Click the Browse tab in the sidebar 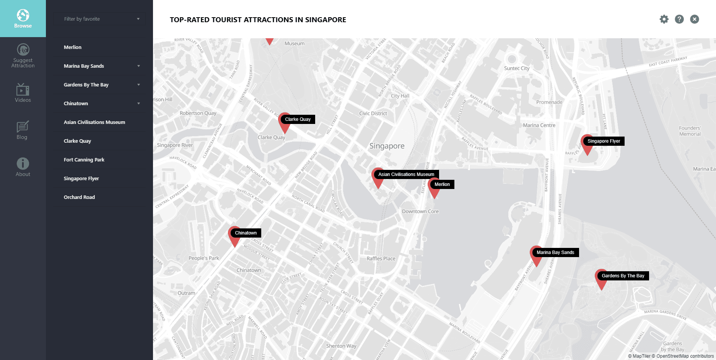tap(23, 19)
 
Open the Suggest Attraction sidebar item tap(23, 56)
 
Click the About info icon tap(23, 164)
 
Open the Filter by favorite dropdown tap(99, 19)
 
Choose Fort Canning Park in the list tap(84, 160)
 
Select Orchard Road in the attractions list tap(79, 197)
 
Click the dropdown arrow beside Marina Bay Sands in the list tap(138, 66)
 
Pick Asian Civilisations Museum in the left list tap(94, 122)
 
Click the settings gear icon tap(664, 19)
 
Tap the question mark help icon tap(679, 19)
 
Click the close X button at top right tap(695, 19)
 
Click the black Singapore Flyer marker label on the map tap(604, 141)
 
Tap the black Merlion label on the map tap(442, 184)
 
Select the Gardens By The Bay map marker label tap(623, 276)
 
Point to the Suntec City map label tap(517, 68)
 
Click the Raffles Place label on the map tap(381, 259)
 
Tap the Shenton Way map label tap(341, 346)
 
